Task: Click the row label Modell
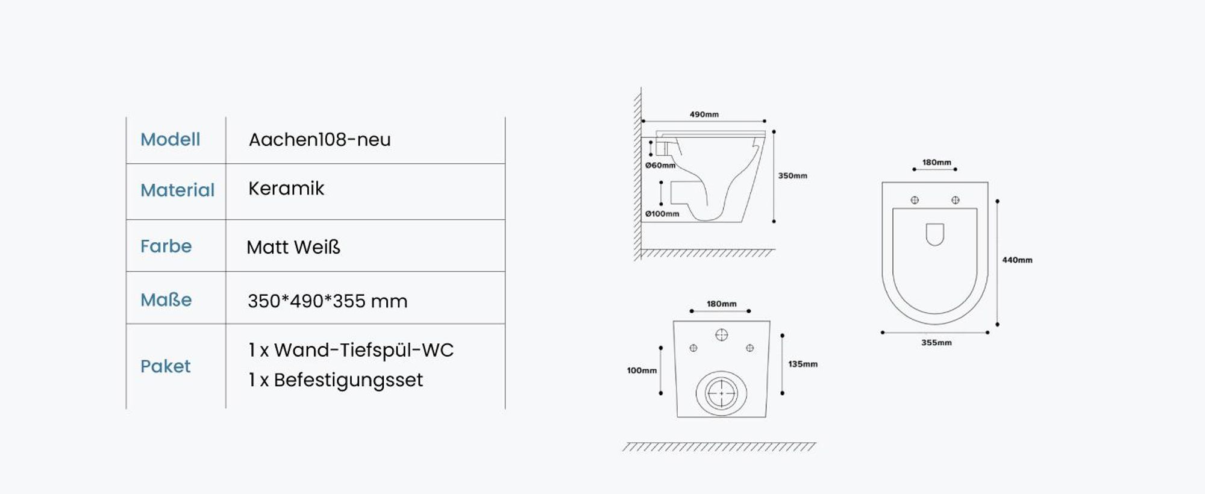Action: (170, 139)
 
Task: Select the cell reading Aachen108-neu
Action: (319, 140)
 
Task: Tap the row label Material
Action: (177, 190)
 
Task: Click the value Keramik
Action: (286, 189)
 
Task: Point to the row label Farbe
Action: (166, 246)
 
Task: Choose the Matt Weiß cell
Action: (293, 247)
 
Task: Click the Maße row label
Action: (166, 299)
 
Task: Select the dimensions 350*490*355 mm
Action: (327, 301)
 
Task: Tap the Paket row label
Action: (165, 366)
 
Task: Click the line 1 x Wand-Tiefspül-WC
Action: (351, 350)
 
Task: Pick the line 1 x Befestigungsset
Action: (336, 380)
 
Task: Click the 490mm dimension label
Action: (704, 114)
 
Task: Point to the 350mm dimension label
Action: (792, 176)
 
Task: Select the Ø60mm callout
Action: (660, 165)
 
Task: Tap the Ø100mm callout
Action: (662, 214)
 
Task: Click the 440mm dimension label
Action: (1017, 260)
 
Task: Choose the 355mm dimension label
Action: (936, 343)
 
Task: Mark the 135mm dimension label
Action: (803, 364)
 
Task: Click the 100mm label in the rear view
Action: (642, 370)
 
